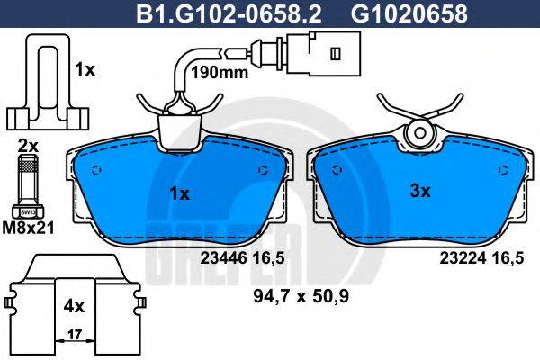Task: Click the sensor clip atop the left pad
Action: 179,125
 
